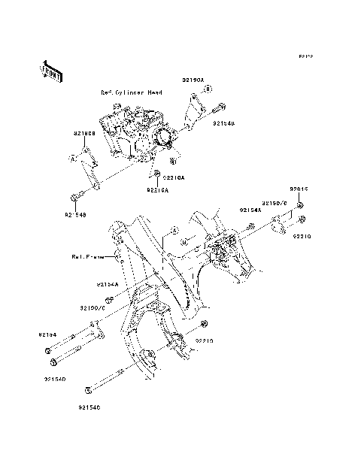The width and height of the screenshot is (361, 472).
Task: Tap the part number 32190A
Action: click(192, 78)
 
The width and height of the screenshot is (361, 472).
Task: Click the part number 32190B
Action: click(83, 133)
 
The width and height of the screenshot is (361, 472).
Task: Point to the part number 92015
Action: click(299, 189)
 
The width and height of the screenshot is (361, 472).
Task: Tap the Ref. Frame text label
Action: click(87, 256)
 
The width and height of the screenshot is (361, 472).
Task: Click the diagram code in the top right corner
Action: click(304, 56)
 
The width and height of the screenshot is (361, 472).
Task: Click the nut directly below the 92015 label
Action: click(299, 204)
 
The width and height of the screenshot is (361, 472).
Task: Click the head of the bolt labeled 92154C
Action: click(89, 390)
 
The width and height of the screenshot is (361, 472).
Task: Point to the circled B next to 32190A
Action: click(209, 88)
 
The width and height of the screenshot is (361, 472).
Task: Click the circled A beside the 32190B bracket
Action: click(74, 158)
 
